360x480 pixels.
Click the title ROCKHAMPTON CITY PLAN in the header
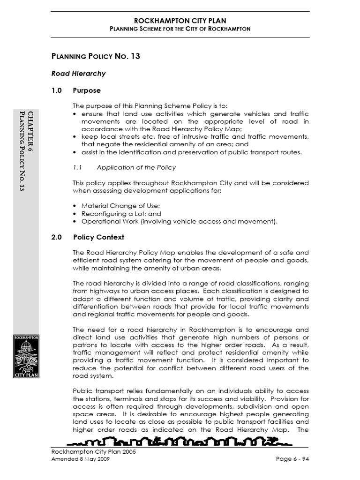(180, 20)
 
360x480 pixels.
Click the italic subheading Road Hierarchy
(78, 74)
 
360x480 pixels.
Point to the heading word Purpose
(87, 90)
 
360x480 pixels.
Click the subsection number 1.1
(77, 167)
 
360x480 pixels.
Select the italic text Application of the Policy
(136, 167)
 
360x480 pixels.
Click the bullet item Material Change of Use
(120, 206)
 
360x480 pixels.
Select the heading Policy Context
(98, 237)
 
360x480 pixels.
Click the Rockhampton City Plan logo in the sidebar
(26, 356)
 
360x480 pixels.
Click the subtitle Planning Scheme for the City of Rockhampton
(180, 29)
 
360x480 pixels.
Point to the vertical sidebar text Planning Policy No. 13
(22, 150)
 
